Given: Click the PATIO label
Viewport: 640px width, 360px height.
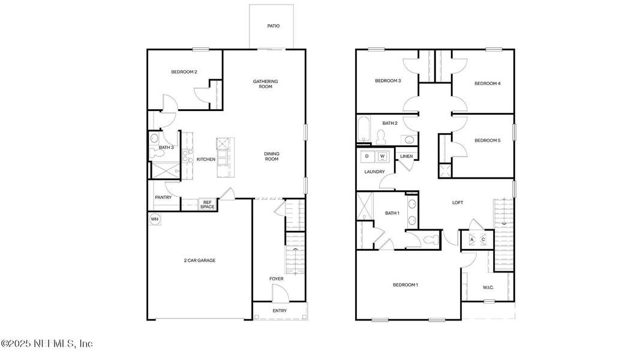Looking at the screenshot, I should pos(273,26).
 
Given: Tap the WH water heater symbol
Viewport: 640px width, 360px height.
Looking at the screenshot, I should pos(155,219).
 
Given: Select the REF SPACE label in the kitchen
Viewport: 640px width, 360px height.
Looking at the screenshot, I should pos(208,205).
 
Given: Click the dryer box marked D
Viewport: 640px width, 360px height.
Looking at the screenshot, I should pos(366,157).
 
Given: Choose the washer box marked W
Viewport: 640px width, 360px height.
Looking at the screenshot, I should pos(381,157).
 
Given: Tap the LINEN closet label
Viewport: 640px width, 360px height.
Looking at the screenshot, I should pos(407,157).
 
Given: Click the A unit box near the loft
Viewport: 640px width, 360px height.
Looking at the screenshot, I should pos(471,239).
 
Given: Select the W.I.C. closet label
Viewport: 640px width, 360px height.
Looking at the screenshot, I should pos(488,287).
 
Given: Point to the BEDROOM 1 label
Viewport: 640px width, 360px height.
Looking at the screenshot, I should pos(405,284).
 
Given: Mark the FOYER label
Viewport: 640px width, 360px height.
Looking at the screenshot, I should pos(276,278).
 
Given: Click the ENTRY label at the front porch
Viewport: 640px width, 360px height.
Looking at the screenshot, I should pos(280,311).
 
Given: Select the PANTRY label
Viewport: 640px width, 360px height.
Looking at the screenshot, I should pos(163,197).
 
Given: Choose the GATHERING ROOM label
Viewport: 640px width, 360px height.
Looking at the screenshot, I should pos(265,84).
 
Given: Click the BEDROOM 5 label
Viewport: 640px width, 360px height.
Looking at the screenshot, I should pos(487,140).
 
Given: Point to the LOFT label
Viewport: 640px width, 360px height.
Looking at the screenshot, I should pos(458,203).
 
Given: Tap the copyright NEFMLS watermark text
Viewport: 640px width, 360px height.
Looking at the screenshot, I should pos(47,344).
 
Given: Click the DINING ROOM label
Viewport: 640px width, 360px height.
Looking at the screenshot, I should pos(272,156).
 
